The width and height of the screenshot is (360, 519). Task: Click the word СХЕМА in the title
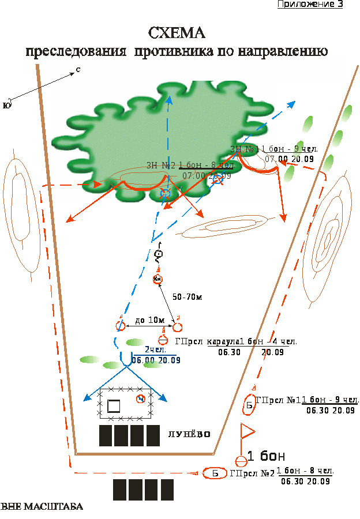(x=177, y=32)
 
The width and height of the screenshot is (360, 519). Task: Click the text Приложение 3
(x=310, y=4)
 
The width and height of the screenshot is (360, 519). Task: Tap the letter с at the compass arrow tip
(x=78, y=70)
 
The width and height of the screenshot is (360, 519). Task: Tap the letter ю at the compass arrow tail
(x=6, y=104)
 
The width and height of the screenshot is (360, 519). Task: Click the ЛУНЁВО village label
(x=189, y=434)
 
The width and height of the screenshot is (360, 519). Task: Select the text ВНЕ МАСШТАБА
(x=42, y=507)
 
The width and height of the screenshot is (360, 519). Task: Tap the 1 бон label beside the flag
(x=266, y=456)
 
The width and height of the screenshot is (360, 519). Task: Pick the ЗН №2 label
(x=161, y=165)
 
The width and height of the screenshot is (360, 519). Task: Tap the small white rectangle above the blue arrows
(x=126, y=348)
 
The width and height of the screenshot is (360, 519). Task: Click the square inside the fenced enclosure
(x=114, y=406)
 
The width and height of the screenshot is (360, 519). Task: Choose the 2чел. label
(x=155, y=349)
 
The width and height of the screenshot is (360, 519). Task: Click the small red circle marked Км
(x=158, y=280)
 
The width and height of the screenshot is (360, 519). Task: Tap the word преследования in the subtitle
(x=76, y=51)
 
